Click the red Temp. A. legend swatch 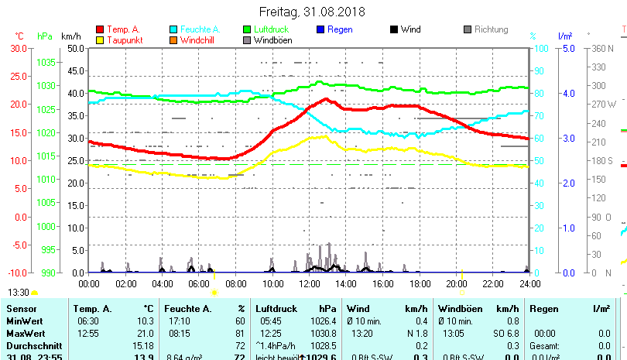click(x=100, y=29)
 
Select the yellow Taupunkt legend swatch click(x=100, y=39)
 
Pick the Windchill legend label click(x=198, y=39)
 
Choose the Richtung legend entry click(x=491, y=29)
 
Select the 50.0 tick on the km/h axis click(x=75, y=48)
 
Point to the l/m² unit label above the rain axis click(x=565, y=36)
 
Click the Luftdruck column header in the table click(x=274, y=309)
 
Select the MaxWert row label click(x=26, y=333)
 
